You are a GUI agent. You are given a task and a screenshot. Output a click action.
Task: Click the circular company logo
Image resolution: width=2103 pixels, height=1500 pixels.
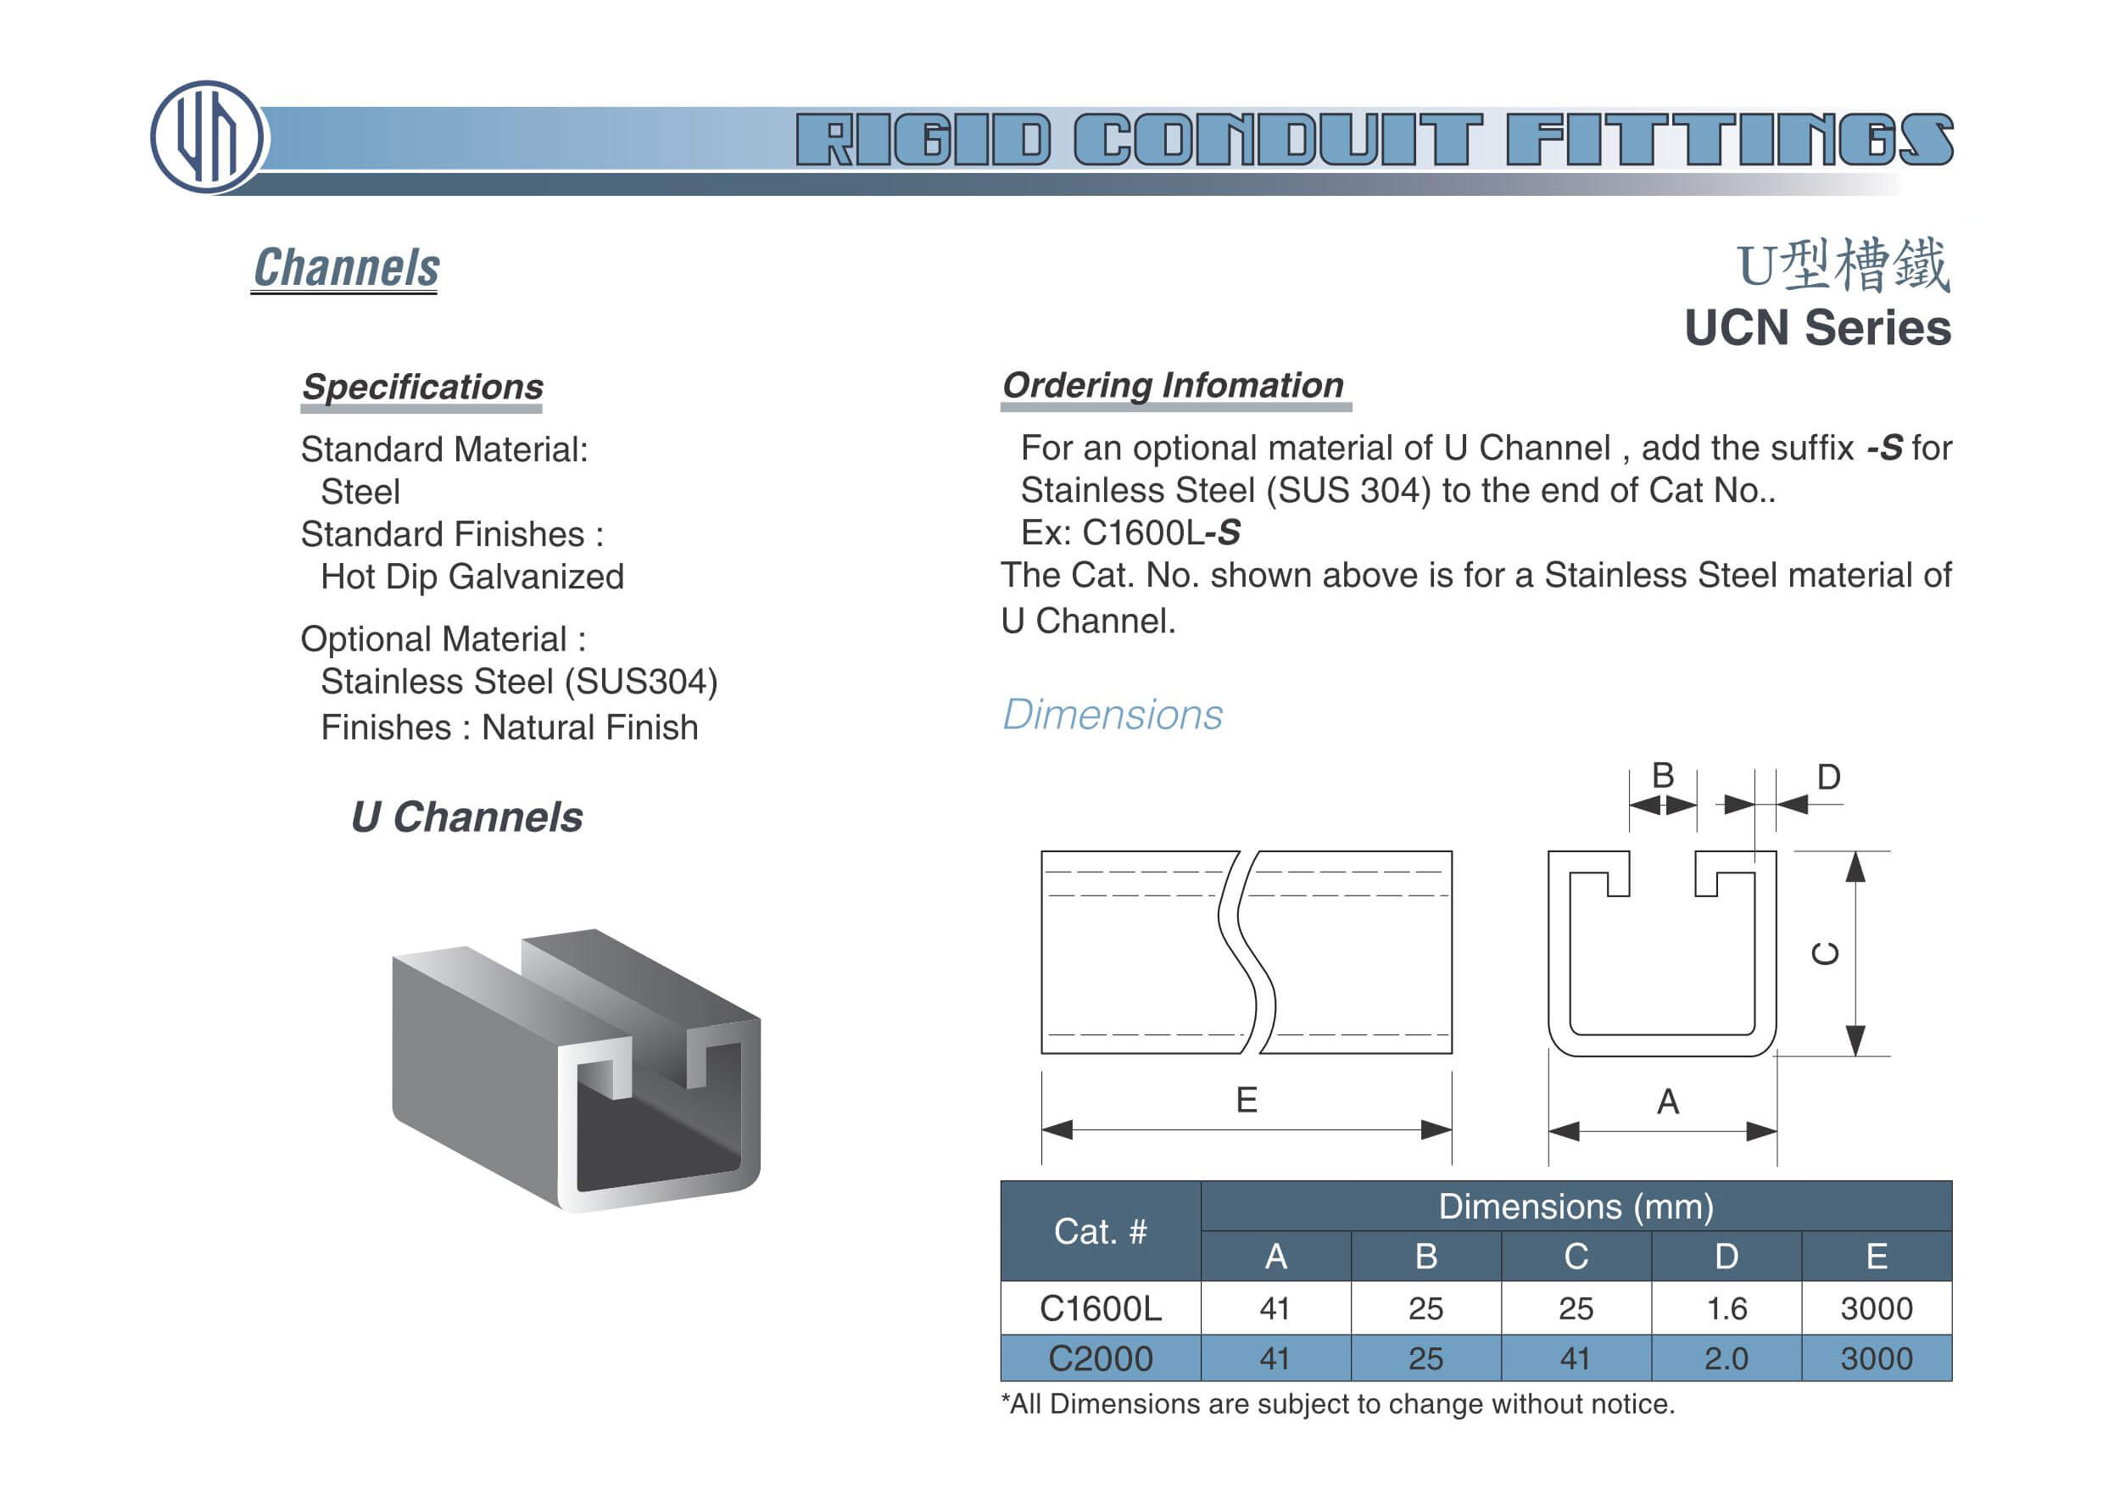(x=207, y=137)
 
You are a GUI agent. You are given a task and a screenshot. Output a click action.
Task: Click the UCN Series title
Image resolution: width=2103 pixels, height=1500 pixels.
(x=1816, y=328)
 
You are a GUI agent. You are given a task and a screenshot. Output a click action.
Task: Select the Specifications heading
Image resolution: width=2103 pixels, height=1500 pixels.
(x=422, y=387)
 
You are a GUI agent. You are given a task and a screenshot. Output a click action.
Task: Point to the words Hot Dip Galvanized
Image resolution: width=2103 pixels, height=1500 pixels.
(x=472, y=577)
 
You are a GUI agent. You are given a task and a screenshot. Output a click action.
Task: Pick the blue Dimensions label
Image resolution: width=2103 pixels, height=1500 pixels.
(x=1112, y=715)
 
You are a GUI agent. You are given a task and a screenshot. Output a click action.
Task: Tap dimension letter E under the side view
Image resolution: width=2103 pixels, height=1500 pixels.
(x=1246, y=1100)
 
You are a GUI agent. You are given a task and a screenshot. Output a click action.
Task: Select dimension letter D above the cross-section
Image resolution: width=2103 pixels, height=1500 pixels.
(x=1827, y=778)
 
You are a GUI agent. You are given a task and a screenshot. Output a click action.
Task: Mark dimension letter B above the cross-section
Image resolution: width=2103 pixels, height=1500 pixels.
(x=1662, y=776)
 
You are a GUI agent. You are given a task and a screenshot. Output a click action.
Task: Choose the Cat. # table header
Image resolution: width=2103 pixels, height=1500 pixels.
(x=1100, y=1231)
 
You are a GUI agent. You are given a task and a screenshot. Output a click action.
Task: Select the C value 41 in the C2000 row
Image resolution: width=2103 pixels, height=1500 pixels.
(x=1575, y=1358)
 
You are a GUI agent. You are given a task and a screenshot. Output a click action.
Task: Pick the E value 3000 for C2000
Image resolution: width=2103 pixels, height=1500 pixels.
(x=1876, y=1358)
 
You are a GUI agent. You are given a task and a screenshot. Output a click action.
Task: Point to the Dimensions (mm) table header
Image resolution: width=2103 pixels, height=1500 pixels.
(x=1576, y=1207)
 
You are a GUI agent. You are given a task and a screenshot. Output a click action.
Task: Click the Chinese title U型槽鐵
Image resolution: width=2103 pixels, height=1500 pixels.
(x=1843, y=266)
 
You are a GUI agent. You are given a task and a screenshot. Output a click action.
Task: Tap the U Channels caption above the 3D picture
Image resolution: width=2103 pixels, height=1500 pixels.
(x=466, y=817)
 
